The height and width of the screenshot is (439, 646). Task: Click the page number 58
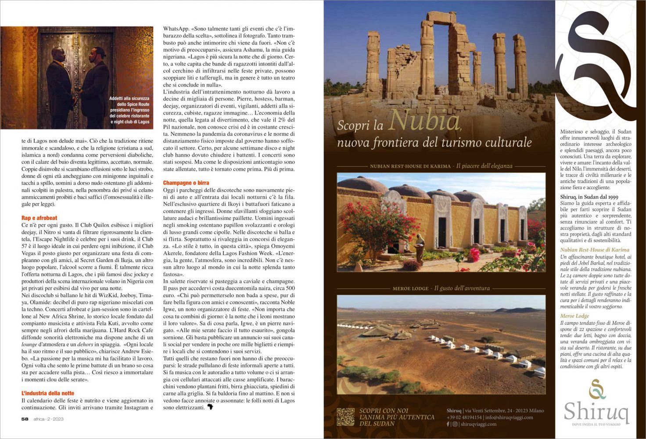(25, 419)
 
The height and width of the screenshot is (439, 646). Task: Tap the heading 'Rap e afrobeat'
(39, 218)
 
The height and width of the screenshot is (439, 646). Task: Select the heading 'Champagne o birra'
(186, 183)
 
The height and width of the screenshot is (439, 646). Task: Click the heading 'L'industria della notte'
(48, 393)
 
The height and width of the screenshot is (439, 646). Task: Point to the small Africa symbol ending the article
(210, 407)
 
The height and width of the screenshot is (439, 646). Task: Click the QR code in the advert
(345, 417)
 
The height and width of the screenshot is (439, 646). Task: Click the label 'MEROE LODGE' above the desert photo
(410, 288)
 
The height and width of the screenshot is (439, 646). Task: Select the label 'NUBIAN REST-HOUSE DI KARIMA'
(410, 166)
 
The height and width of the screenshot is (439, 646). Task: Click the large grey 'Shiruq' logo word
(596, 411)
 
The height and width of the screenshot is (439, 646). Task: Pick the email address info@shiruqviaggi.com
(510, 417)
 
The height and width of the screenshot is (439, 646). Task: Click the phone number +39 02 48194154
(464, 417)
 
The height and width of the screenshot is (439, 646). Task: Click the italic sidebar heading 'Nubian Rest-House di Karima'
(595, 250)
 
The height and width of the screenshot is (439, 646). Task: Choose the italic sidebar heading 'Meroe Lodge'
(574, 316)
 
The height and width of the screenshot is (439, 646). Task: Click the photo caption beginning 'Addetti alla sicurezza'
(129, 110)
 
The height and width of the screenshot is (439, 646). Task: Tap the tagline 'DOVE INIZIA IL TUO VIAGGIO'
(596, 425)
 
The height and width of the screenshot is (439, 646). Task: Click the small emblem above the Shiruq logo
(597, 389)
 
